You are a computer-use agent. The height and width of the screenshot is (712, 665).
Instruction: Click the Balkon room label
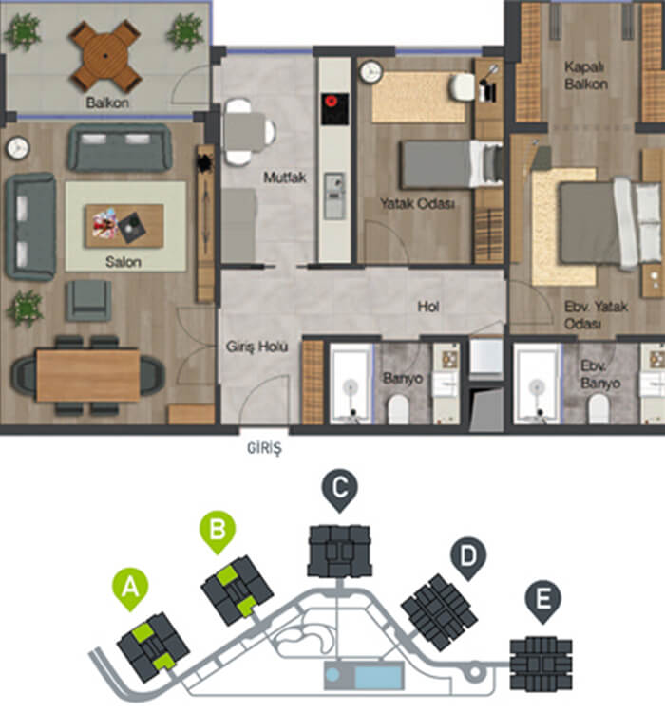point(107,103)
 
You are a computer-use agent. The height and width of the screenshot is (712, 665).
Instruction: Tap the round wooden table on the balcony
point(105,56)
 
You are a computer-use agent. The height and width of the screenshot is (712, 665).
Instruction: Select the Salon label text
point(123,262)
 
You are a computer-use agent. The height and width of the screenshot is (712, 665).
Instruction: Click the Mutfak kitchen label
point(285,178)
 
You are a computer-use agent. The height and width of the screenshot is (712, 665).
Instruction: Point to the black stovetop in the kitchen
point(335,109)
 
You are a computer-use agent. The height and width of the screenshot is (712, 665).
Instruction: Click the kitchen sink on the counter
point(334,196)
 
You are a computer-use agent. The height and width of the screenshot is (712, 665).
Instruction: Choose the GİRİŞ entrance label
point(264,448)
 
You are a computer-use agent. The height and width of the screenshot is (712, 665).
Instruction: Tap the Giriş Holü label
point(256,347)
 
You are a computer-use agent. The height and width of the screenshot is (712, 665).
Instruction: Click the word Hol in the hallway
point(428,307)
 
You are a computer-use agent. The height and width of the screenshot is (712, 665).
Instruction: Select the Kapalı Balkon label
point(586,75)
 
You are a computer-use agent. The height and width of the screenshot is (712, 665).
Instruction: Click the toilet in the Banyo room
point(399,408)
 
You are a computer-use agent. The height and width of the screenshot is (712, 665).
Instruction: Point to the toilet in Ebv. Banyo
point(598,408)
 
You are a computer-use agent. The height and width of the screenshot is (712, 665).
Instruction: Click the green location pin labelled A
point(130,590)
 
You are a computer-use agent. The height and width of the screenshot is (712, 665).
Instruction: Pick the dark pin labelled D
point(468,558)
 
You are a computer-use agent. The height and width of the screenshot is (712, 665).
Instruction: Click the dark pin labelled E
point(542,602)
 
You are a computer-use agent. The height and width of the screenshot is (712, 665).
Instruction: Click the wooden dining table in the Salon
point(87,375)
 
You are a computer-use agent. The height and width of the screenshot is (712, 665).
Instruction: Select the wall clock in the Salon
point(18,147)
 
